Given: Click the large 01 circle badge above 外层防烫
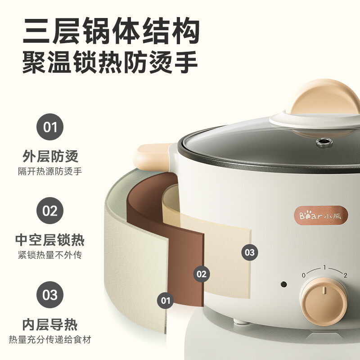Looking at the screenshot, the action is [x=50, y=127].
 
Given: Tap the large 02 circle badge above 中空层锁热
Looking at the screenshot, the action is [x=50, y=211].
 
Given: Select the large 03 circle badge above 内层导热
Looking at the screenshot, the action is [x=50, y=295].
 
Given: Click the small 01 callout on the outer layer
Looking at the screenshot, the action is [x=165, y=301].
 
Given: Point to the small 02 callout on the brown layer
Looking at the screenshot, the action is [x=202, y=274].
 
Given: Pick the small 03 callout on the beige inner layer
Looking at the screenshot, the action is [x=250, y=252].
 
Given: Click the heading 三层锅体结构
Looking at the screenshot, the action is [x=111, y=31].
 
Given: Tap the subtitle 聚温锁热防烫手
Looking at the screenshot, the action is [x=110, y=62].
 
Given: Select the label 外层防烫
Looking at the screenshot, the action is [x=50, y=156].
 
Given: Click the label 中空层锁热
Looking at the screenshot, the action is [x=50, y=240].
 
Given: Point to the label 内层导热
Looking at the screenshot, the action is [x=50, y=324].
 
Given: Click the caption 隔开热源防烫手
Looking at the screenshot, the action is [x=50, y=171].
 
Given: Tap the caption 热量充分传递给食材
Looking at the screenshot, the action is [x=50, y=340].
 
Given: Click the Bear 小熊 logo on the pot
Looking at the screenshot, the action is [x=321, y=216].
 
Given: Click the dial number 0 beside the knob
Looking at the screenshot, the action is [x=303, y=275].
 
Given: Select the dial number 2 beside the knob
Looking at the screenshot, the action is [x=345, y=275].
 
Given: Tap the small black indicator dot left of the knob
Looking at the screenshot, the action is [x=284, y=284].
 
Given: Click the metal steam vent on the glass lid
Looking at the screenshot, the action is [x=324, y=142].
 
